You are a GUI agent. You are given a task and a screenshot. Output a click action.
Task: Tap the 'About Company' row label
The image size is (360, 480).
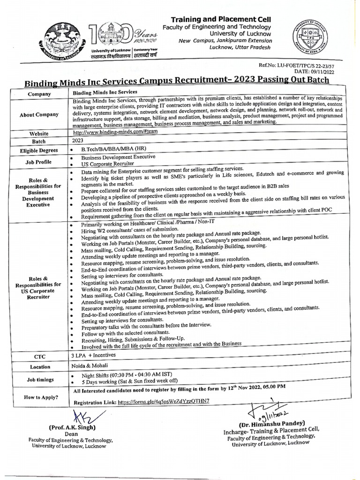pos(39,114)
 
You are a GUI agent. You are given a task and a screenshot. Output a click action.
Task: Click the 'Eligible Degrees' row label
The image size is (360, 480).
pos(39,150)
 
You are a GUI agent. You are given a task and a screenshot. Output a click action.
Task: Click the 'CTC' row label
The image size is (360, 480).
pos(39,357)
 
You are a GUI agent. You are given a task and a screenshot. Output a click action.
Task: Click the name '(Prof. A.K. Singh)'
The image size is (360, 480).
pos(72,427)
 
